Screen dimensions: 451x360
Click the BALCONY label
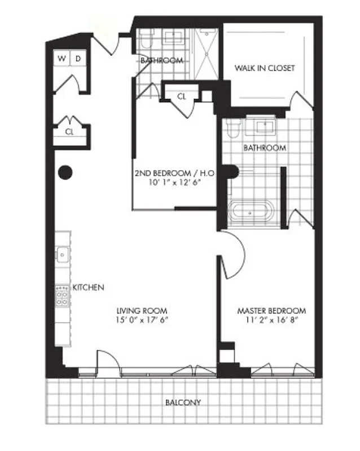point(183,403)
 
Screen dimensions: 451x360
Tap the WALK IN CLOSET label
point(265,68)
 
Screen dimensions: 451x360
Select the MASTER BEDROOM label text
point(271,311)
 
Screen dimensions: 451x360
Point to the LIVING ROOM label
point(142,311)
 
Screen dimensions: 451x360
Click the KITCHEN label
point(88,288)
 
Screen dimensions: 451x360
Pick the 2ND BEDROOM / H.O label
point(168,174)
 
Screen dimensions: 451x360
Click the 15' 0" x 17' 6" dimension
point(142,320)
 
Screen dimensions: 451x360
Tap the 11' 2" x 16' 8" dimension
point(271,320)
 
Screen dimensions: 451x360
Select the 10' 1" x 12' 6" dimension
point(168,183)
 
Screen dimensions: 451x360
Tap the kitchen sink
point(62,254)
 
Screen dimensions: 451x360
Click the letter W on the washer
point(62,58)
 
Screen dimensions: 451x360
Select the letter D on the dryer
point(78,58)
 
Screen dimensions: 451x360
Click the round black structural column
point(65,171)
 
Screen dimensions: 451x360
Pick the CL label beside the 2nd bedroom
point(181,96)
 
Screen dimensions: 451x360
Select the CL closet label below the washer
point(69,132)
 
